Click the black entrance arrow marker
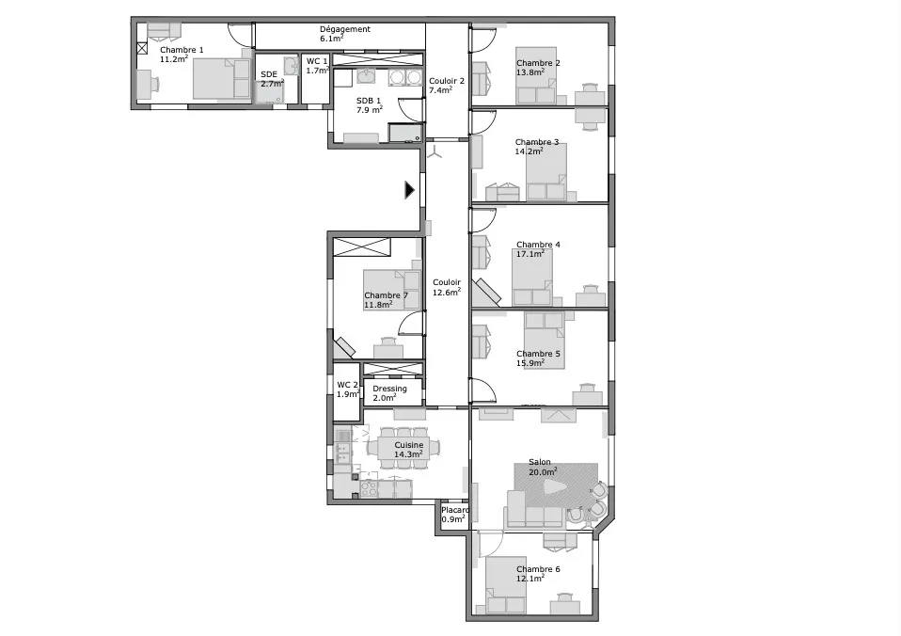coord(409,190)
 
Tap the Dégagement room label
coord(345,29)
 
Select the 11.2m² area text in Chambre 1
coord(174,58)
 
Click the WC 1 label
coord(317,61)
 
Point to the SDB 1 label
coord(369,101)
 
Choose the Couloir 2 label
coord(447,81)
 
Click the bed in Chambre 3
coord(546,172)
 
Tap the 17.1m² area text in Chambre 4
coord(530,254)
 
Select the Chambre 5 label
coord(538,354)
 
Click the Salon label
coord(540,462)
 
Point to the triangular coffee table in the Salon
coord(555,487)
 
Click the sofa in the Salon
coord(533,511)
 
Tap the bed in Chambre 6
coord(506,585)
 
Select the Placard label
coord(455,510)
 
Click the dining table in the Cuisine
coord(403,449)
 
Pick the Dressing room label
coord(389,389)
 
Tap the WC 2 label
coord(347,386)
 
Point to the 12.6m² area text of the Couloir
coord(447,292)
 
